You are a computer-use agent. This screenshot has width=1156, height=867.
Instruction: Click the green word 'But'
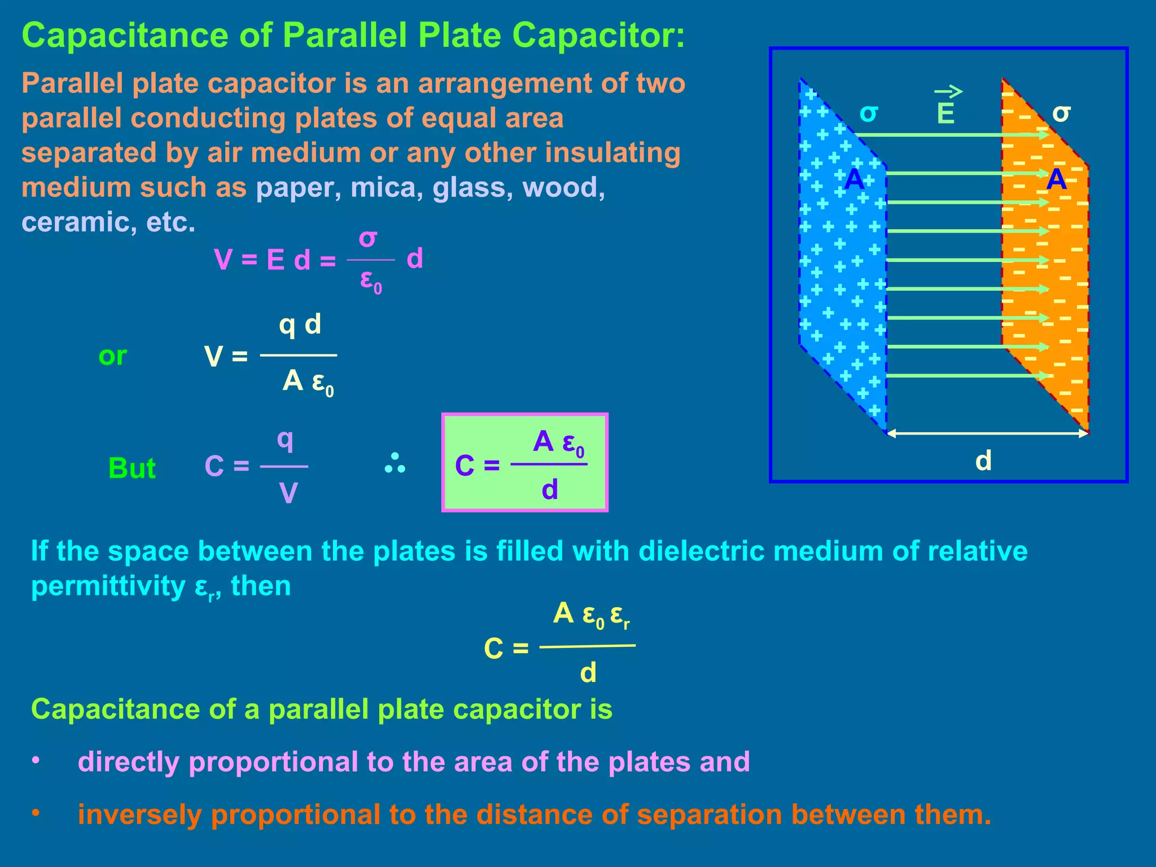(132, 468)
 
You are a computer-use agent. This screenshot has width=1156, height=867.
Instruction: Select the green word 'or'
(112, 356)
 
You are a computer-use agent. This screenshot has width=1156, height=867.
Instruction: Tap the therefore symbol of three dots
(395, 463)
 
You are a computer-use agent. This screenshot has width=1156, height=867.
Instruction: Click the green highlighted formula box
(524, 463)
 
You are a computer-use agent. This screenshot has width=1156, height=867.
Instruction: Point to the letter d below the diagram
(983, 461)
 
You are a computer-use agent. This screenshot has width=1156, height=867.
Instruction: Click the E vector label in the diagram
(945, 113)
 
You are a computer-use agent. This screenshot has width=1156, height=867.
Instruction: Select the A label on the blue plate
(854, 179)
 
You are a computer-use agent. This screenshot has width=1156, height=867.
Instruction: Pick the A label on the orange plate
(1056, 179)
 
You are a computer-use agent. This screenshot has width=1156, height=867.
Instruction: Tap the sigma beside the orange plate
(1061, 113)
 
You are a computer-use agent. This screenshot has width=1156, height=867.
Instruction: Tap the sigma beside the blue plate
(869, 113)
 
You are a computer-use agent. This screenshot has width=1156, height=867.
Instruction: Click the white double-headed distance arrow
(987, 433)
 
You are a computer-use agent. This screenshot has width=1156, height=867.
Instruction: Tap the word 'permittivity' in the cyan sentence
(108, 586)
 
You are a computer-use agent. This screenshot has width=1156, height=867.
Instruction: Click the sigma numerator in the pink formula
(367, 239)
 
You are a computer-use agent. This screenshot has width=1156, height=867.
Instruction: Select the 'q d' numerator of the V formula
(300, 325)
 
